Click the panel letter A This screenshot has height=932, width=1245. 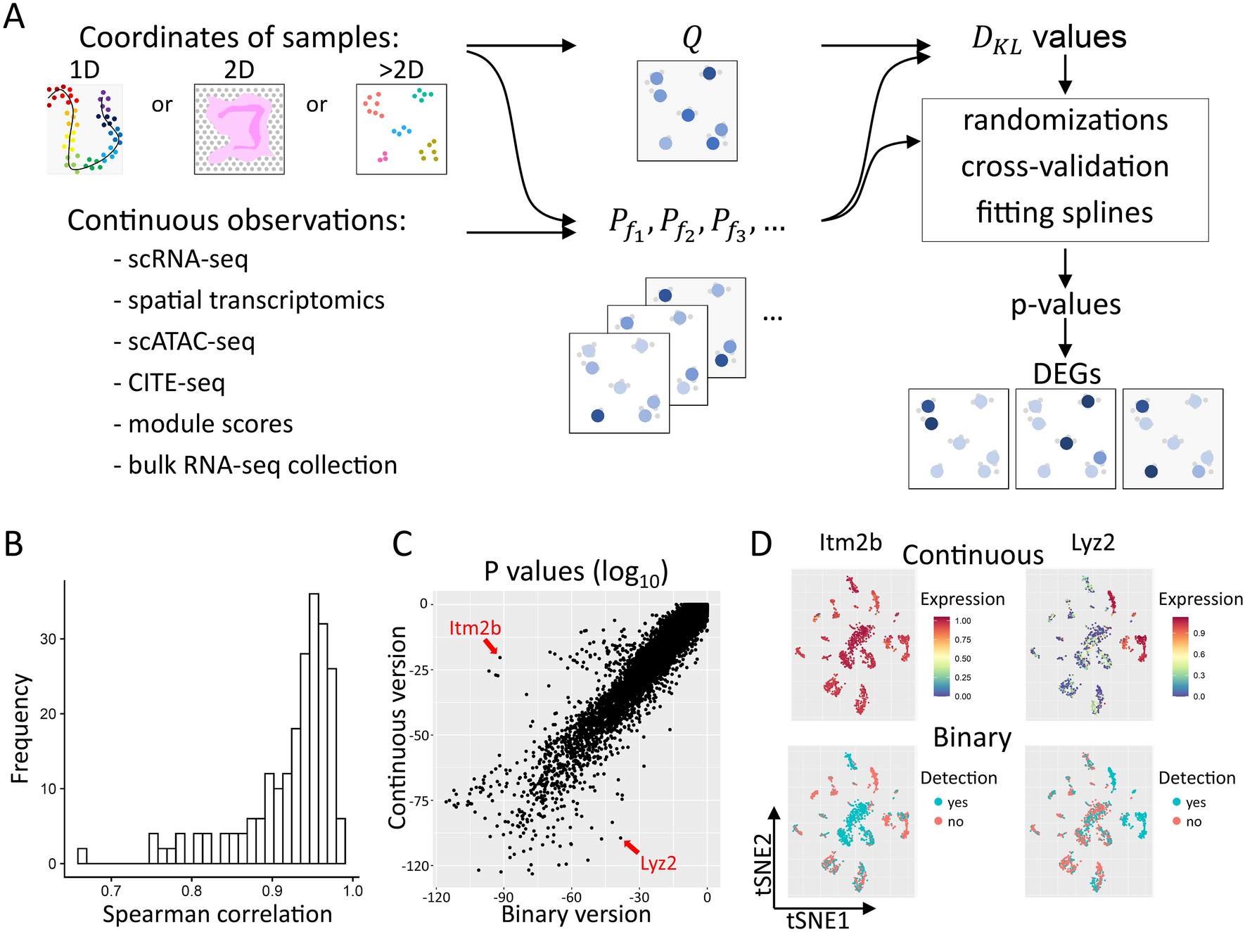[14, 15]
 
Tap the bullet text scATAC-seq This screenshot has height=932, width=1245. [191, 342]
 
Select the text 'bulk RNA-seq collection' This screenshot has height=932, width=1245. [262, 466]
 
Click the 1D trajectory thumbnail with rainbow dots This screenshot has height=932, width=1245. [85, 129]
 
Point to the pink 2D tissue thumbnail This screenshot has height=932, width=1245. [239, 129]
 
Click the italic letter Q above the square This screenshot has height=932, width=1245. [692, 38]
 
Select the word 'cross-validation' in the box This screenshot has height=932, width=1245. [1065, 167]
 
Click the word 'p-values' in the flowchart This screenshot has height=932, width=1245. [1066, 305]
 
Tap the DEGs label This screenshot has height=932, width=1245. [1066, 374]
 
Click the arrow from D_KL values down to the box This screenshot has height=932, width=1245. [1065, 74]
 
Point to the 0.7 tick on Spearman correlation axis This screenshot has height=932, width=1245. [110, 891]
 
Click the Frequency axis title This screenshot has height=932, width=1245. [20, 728]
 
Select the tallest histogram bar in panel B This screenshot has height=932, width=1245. [314, 728]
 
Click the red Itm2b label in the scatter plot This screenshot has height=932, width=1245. [475, 627]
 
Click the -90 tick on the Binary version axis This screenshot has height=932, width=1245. [504, 897]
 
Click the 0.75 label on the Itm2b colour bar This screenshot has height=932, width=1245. [962, 639]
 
